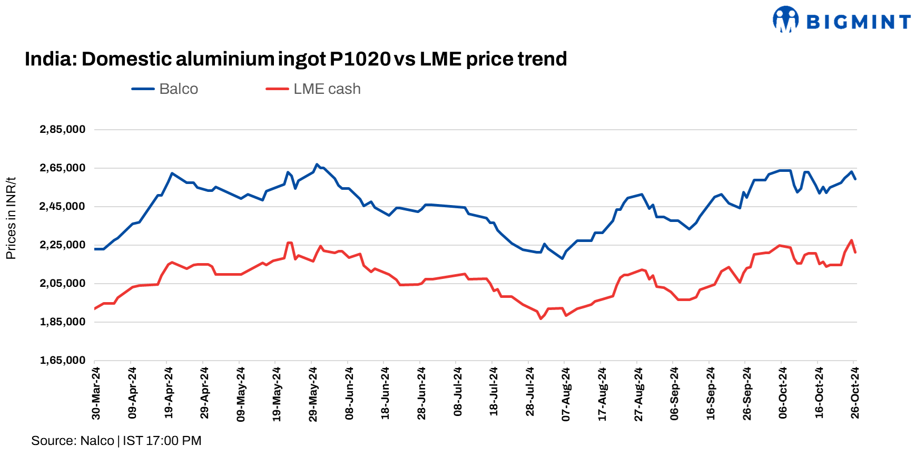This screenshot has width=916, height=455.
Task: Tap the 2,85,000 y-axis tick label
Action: (62, 130)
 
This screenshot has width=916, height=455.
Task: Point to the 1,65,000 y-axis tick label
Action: (62, 361)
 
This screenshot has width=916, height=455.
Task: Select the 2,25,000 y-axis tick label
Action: (62, 245)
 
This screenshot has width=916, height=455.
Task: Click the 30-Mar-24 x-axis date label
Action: (96, 393)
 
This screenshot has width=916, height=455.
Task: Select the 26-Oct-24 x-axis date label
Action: (855, 393)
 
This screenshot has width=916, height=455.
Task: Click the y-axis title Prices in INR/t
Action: (11, 218)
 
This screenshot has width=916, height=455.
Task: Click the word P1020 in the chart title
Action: (360, 59)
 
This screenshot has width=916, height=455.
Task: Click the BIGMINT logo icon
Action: (785, 20)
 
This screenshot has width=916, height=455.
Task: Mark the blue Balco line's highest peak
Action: (317, 164)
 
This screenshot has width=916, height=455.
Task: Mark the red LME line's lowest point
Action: (540, 318)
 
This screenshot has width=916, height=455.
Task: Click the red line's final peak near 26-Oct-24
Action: (851, 240)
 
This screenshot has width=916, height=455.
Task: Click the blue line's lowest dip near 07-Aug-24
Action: (562, 258)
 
